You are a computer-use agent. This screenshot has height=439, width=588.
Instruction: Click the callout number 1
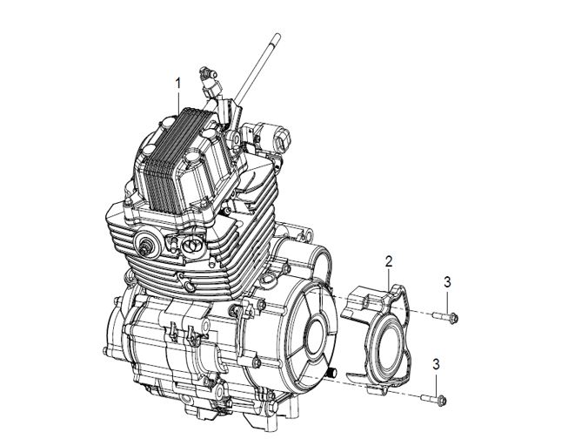coord(178,84)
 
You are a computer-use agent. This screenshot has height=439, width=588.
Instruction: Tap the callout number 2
coord(389,262)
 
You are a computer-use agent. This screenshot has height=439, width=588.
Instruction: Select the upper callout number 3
coord(447,282)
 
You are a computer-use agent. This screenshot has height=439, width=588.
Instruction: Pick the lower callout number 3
coord(436,364)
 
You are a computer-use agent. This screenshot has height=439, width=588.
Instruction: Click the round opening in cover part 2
coord(389,348)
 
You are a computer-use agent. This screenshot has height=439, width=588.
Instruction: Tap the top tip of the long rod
coord(277,35)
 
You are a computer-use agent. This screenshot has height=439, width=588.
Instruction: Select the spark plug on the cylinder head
coord(144,248)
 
